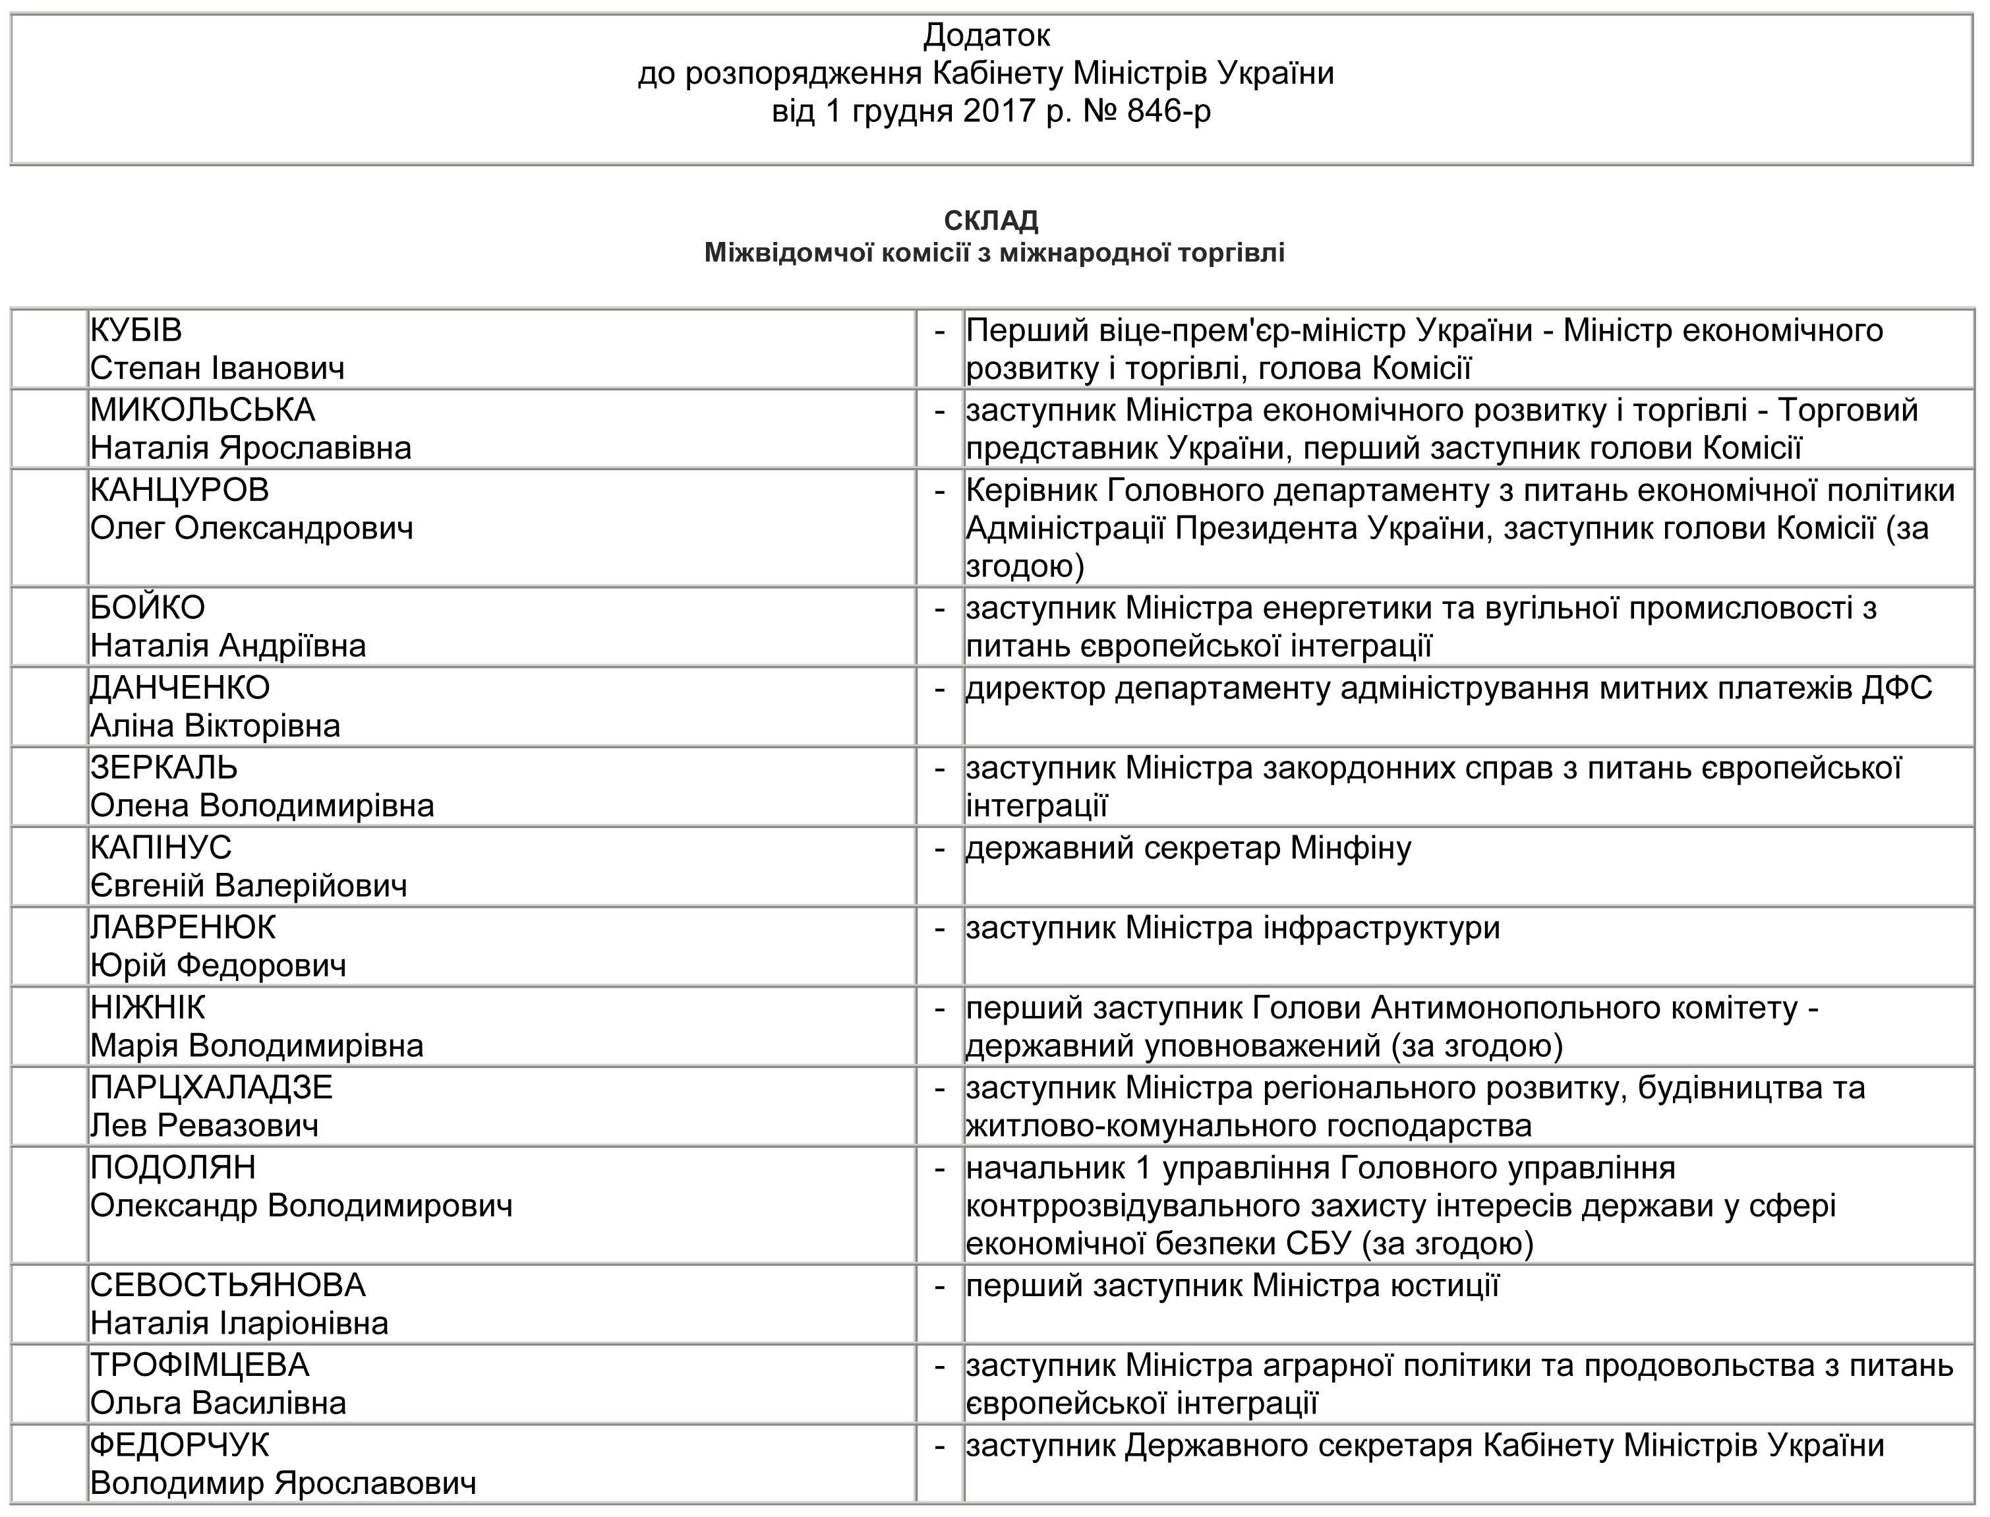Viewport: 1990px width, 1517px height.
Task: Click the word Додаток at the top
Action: tap(986, 36)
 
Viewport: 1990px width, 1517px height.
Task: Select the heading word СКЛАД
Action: tap(991, 222)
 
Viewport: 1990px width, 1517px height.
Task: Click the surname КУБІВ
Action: tap(136, 330)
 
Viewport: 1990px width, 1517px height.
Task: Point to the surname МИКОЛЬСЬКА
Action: tap(202, 411)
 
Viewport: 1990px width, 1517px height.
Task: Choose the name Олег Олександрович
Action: tap(251, 528)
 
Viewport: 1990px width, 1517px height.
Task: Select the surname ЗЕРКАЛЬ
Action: tap(163, 767)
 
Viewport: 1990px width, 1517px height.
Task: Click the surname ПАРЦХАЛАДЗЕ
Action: tap(212, 1087)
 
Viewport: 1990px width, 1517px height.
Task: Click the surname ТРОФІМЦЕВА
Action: tap(200, 1365)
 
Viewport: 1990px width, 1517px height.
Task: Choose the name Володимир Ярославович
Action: tap(283, 1483)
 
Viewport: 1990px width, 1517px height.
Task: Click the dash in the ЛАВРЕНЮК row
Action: tap(940, 928)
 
